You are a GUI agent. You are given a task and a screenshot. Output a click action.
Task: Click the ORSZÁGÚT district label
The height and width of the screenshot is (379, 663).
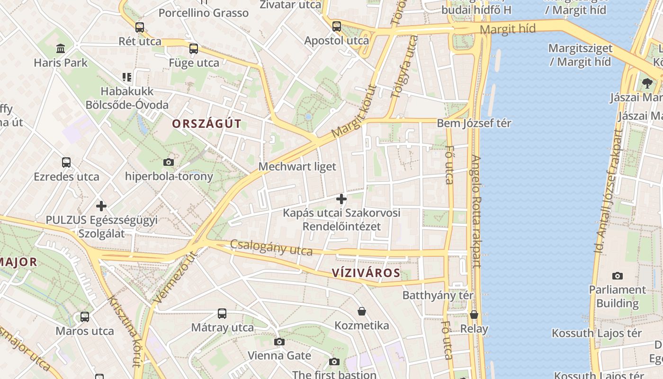pos(206,124)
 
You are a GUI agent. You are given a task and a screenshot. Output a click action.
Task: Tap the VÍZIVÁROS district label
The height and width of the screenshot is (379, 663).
pos(366,273)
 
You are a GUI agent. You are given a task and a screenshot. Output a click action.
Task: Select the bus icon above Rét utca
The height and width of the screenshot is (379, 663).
pos(139,27)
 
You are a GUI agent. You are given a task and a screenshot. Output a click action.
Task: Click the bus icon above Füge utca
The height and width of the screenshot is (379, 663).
pos(193,49)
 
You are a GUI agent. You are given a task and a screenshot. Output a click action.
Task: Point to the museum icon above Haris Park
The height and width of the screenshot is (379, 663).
pos(61,48)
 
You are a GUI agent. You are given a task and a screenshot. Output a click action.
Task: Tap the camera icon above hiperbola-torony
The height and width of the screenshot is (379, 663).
pos(168,162)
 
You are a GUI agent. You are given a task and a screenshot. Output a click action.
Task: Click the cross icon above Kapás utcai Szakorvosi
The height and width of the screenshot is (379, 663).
pos(341,199)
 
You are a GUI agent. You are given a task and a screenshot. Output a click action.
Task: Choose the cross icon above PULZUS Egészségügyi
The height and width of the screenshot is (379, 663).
pos(101,206)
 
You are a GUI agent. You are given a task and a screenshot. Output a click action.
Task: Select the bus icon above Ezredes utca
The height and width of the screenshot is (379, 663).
pos(66,162)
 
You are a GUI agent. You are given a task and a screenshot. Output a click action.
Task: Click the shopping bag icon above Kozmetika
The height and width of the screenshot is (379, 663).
pos(362,311)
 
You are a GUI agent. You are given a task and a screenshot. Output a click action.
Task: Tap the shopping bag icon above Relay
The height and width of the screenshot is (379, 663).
pos(474,315)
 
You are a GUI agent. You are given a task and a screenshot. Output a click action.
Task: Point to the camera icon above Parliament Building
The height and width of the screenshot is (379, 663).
pos(617,276)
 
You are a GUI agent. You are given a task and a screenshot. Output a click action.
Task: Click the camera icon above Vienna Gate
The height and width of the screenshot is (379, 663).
pos(279,342)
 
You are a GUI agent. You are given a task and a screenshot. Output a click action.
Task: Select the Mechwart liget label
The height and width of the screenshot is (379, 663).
pos(297,167)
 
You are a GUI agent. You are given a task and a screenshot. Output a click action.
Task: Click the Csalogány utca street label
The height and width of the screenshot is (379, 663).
pos(271,247)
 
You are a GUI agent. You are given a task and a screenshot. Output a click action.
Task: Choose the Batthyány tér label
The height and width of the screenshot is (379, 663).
pos(438,296)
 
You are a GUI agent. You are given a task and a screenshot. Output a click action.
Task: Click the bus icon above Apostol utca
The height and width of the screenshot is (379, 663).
pos(336,27)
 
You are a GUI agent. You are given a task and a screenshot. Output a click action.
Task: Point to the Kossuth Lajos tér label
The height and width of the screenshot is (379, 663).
pos(597,334)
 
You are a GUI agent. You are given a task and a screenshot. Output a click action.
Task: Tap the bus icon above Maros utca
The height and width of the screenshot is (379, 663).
pos(85,316)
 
